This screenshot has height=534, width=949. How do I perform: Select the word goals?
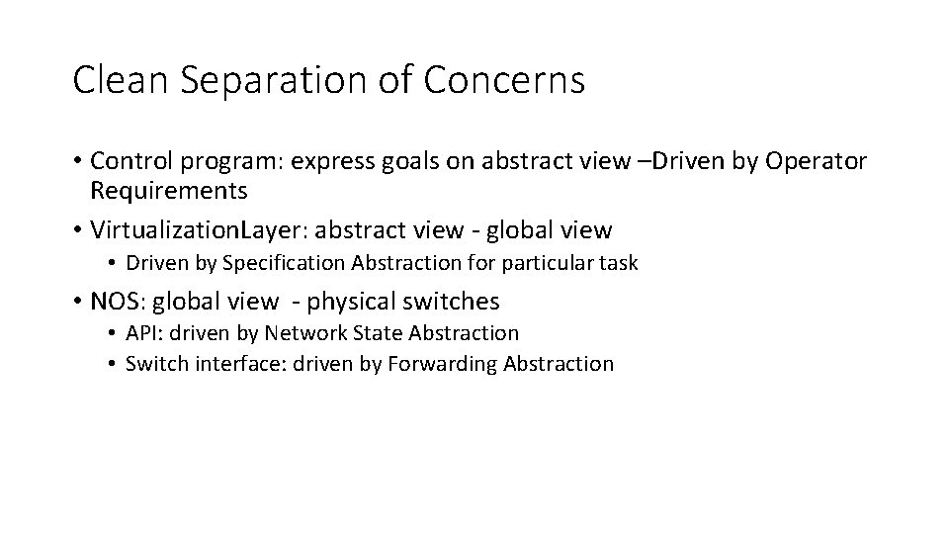point(388,160)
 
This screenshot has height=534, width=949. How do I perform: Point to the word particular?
point(552,263)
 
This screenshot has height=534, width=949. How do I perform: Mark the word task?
point(618,263)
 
